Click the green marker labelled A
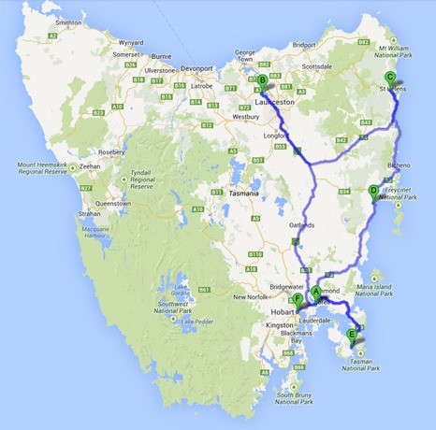[315, 290]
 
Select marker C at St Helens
[390, 78]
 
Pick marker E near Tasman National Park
[352, 335]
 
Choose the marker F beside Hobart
[298, 299]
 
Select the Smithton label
[68, 21]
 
